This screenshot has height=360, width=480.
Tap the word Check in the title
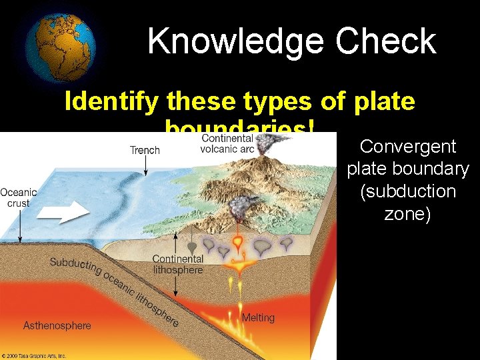(x=386, y=41)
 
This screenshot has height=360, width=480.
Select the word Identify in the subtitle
(x=111, y=101)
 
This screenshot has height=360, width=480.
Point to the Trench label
(x=145, y=150)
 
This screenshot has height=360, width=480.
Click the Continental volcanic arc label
(x=227, y=143)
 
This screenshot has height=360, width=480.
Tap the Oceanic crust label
(x=19, y=198)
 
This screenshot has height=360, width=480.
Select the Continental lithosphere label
(x=177, y=264)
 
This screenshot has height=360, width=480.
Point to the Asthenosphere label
(x=57, y=326)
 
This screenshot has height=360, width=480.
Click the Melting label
(x=258, y=317)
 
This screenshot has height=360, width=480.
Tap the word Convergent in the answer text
(x=408, y=147)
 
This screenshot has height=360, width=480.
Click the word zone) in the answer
(x=407, y=215)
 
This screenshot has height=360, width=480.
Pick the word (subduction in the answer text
(x=408, y=192)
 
